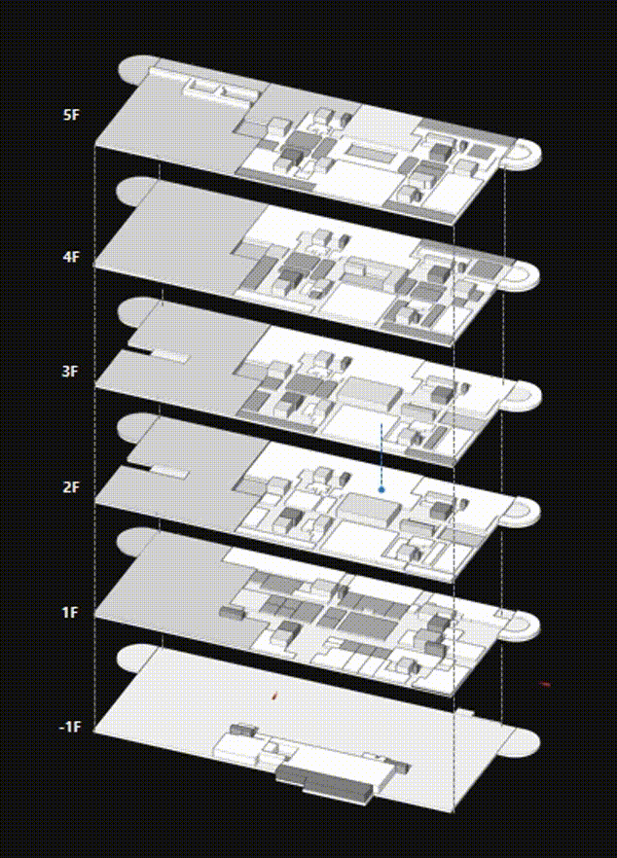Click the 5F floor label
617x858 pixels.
[72, 115]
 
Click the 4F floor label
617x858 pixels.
[72, 257]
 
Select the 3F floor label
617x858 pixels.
[71, 372]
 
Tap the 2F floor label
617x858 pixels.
[72, 486]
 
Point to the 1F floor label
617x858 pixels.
[71, 612]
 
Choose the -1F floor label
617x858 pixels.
[69, 727]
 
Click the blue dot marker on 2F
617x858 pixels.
[381, 489]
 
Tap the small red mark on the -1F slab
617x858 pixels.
[274, 697]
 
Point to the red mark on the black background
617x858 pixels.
[545, 684]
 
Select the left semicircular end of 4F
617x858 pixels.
[131, 191]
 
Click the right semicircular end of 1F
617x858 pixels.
[526, 626]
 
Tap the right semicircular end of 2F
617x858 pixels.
[526, 511]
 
